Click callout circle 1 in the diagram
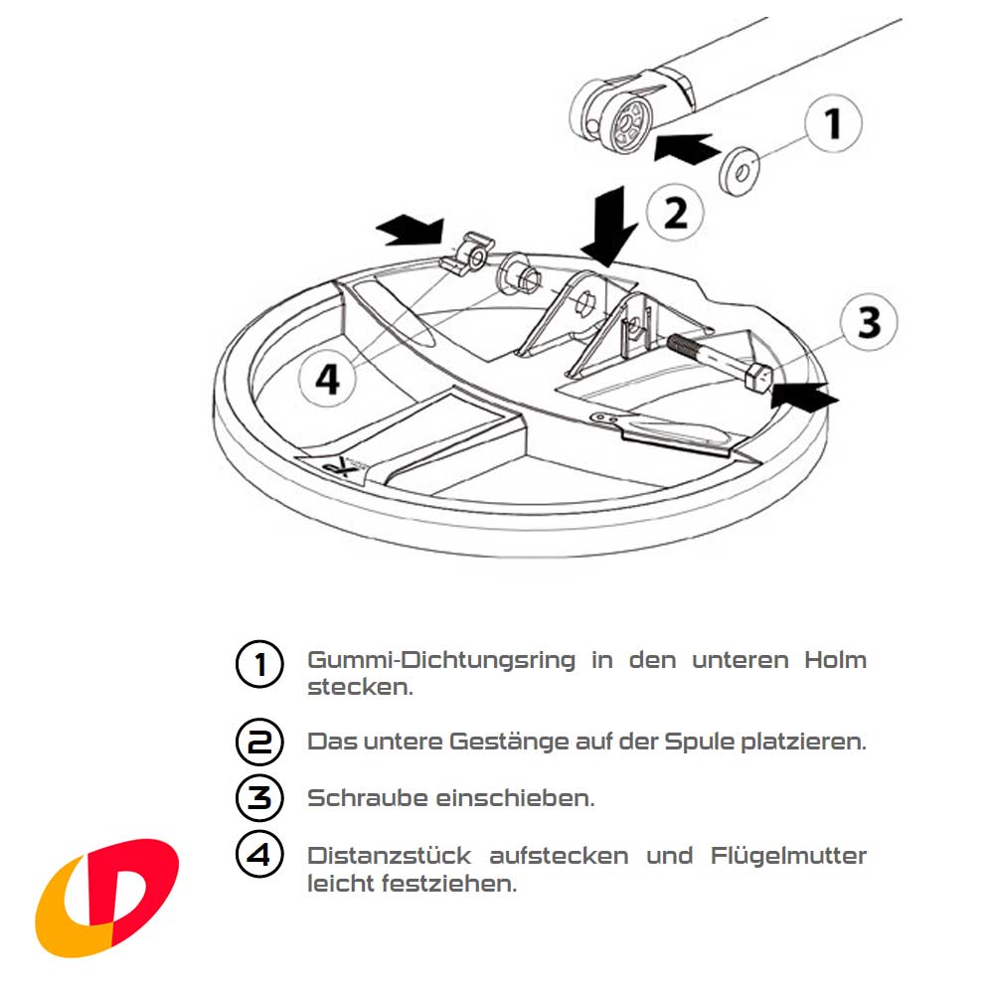(x=831, y=125)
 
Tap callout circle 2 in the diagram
(x=675, y=212)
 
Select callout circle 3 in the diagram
(x=868, y=322)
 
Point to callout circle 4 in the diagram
(x=327, y=378)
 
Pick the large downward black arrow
(x=609, y=225)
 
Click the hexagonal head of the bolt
(x=757, y=377)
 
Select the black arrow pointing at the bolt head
(x=805, y=396)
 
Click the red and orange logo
(x=106, y=897)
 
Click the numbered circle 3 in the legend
(x=258, y=798)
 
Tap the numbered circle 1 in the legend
(x=258, y=663)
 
